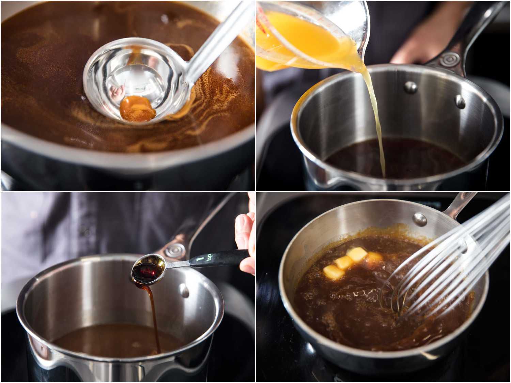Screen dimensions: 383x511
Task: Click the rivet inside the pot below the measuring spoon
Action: tap(184, 291)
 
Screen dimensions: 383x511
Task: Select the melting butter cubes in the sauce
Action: tap(347, 262)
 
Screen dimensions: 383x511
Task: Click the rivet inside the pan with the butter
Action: tap(419, 218)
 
